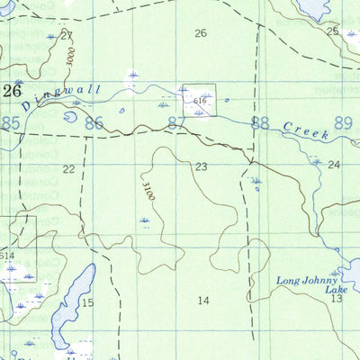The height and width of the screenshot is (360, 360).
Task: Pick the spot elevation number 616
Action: click(200, 103)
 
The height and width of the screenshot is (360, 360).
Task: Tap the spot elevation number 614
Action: click(8, 256)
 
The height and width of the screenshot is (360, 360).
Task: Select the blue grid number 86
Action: click(94, 122)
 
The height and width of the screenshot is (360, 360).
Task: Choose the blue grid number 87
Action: click(176, 123)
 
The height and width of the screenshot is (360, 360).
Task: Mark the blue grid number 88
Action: click(260, 122)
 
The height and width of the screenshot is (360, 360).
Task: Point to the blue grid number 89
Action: click(343, 121)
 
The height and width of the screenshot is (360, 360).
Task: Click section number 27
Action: click(66, 35)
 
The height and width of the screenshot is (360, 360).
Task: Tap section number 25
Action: click(332, 31)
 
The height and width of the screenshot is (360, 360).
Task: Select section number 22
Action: click(69, 168)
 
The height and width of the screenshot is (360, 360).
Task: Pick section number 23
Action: click(201, 166)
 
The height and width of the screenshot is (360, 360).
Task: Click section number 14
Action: click(203, 300)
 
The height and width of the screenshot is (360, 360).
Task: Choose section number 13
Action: click(336, 298)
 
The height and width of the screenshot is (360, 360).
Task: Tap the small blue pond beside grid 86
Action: click(70, 116)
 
